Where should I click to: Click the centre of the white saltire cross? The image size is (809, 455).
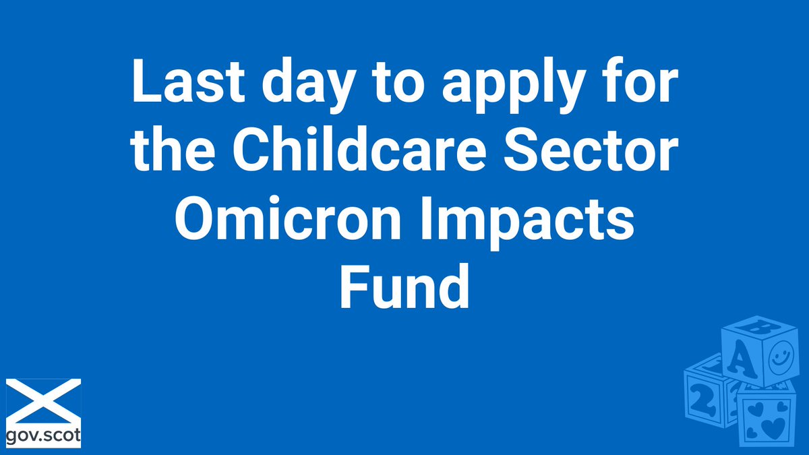[43, 401]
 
